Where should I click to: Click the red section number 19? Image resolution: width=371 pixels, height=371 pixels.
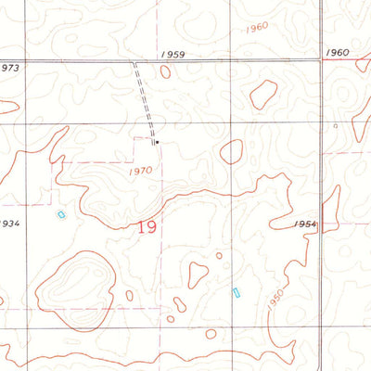(x=147, y=226)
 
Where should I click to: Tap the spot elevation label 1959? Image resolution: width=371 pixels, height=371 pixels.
(x=173, y=55)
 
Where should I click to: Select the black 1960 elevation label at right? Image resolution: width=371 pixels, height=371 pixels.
(x=339, y=53)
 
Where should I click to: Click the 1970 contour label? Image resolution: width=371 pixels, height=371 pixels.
(x=141, y=171)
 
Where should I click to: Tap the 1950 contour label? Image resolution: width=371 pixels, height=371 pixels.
(x=272, y=302)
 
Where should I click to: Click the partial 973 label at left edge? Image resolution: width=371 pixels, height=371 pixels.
(x=9, y=68)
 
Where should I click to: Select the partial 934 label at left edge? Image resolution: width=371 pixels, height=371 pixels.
(x=9, y=224)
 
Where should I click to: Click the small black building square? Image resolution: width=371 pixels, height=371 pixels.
(x=157, y=142)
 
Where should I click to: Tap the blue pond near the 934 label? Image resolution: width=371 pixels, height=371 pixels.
(x=61, y=214)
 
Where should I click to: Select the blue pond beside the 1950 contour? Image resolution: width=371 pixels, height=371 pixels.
(x=236, y=292)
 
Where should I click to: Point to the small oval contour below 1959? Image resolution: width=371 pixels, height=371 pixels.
(x=165, y=70)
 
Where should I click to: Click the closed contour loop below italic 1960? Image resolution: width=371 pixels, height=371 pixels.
(x=263, y=93)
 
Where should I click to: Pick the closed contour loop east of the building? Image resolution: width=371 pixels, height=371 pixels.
(x=231, y=151)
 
